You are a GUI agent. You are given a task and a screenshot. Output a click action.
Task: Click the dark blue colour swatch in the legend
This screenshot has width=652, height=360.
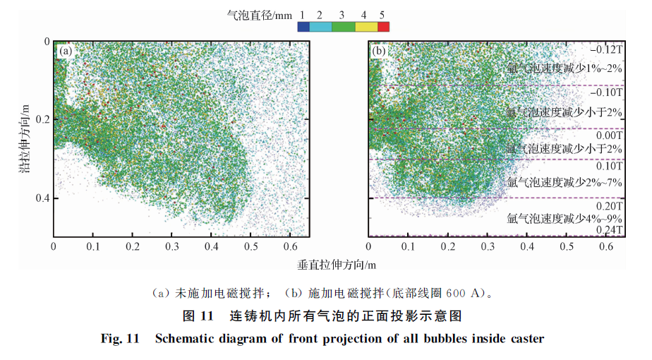(x=303, y=27)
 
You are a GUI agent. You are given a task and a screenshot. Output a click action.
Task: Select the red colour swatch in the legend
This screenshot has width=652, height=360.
(x=383, y=27)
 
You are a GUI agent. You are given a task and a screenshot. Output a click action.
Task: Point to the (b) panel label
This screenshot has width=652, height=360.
(x=379, y=51)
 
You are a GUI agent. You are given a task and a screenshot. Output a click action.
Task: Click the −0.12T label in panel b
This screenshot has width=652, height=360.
(x=608, y=51)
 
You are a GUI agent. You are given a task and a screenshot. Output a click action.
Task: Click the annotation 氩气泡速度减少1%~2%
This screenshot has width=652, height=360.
(x=565, y=68)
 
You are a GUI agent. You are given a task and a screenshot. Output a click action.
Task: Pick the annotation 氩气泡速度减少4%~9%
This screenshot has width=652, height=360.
(x=565, y=218)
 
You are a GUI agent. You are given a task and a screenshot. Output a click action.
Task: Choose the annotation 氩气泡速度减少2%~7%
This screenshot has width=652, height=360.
(x=565, y=181)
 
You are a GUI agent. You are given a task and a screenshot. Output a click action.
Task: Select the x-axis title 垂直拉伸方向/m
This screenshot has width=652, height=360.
(x=337, y=265)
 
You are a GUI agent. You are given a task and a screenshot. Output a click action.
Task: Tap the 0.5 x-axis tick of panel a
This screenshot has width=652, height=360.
(x=250, y=246)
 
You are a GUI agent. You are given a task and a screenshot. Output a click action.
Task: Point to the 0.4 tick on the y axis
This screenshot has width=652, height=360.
(x=42, y=198)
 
